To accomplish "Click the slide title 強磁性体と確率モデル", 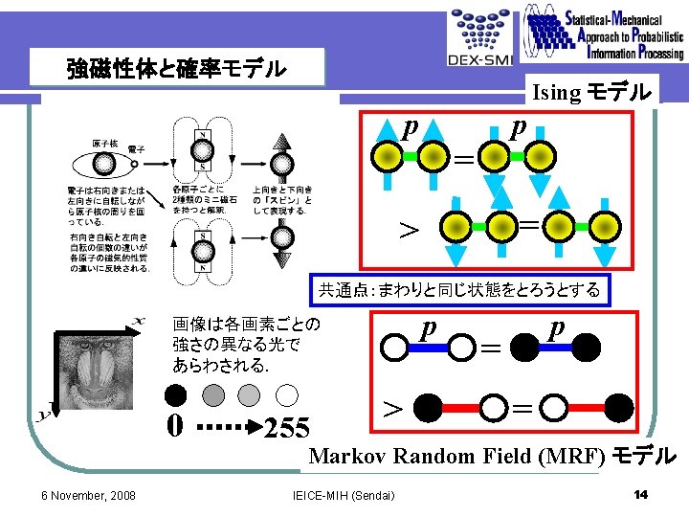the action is tap(176, 69).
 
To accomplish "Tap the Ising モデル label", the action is tap(593, 93).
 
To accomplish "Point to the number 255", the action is tap(287, 427).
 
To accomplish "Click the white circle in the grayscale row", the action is tap(286, 394).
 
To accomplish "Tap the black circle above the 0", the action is tap(174, 394).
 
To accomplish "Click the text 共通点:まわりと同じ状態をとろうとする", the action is tap(458, 289).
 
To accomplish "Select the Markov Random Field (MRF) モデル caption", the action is tap(491, 456).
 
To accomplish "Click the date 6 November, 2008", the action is tap(87, 495).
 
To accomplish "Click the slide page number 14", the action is tap(641, 494).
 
